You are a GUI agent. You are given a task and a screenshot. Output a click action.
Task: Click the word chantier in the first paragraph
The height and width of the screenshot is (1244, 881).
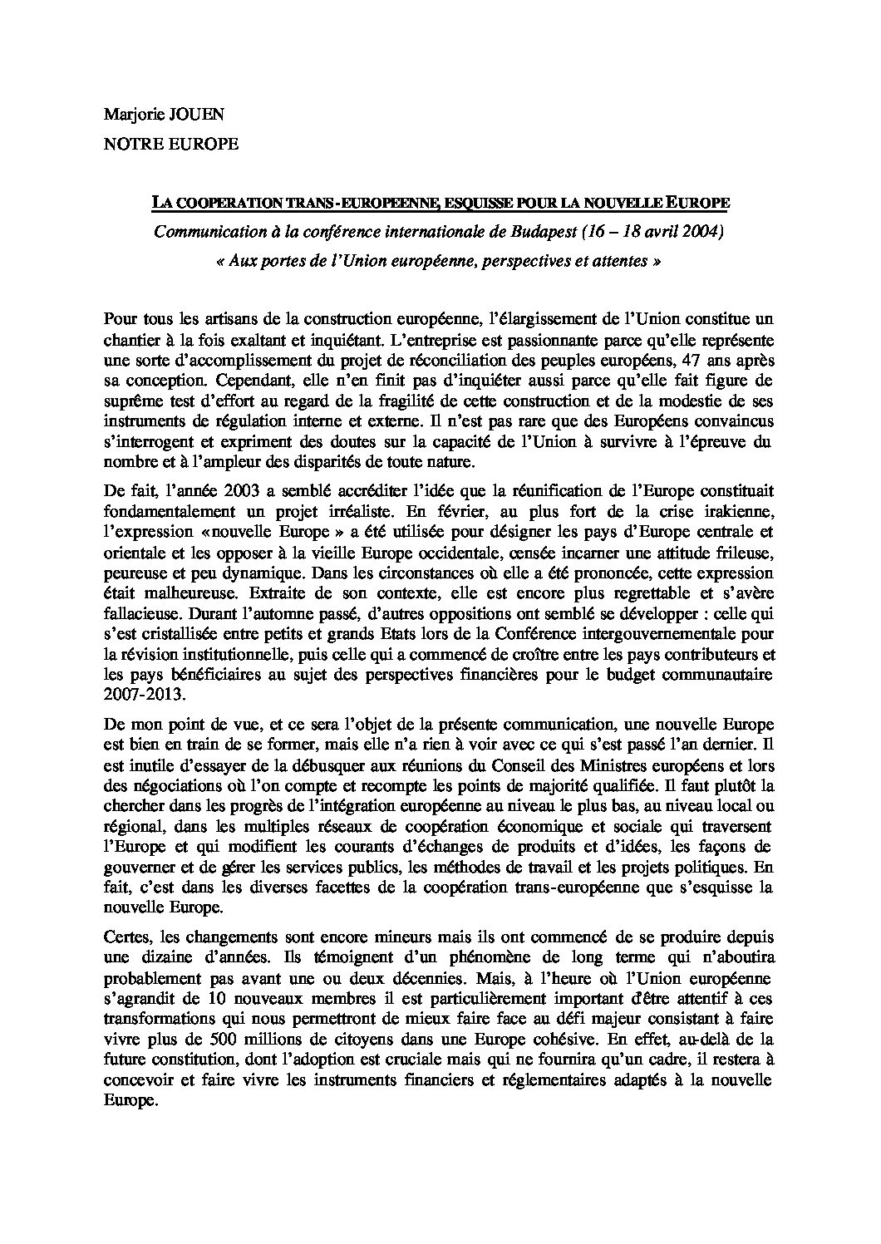point(130,339)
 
